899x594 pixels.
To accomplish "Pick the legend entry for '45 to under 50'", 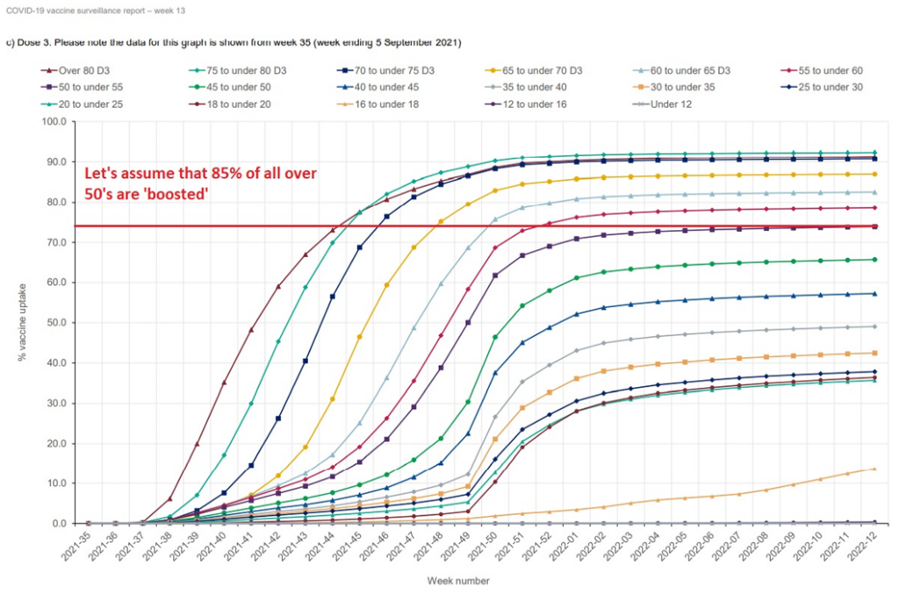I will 238,87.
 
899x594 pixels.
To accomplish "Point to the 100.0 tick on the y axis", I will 54,121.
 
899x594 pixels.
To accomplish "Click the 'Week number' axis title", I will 458,581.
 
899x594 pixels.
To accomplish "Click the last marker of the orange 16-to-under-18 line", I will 873,469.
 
